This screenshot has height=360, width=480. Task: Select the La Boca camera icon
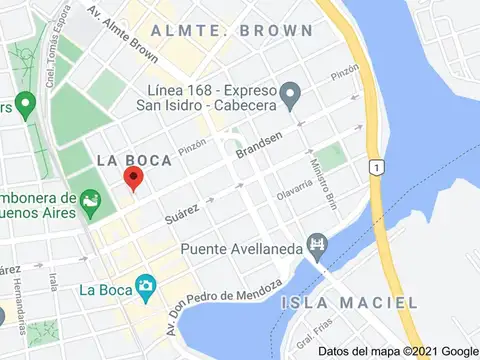click(145, 286)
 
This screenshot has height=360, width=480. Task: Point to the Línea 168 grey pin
click(291, 98)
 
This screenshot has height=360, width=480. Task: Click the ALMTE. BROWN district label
click(231, 31)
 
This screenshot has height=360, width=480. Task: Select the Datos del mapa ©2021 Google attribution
click(399, 351)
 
